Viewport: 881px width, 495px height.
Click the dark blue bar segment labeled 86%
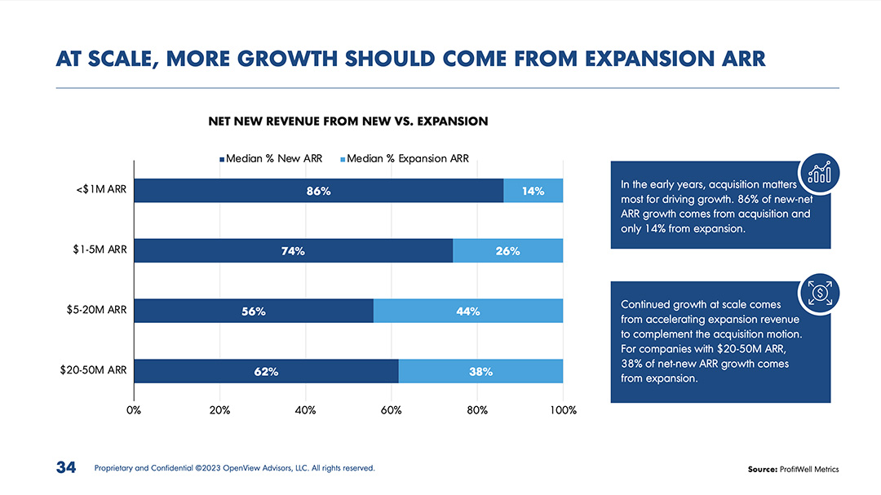point(318,191)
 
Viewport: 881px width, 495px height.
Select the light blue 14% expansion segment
point(533,191)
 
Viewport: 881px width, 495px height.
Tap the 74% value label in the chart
point(293,251)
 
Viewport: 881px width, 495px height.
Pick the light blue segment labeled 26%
point(507,251)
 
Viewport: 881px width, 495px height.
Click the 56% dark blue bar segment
point(254,311)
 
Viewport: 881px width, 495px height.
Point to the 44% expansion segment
point(467,311)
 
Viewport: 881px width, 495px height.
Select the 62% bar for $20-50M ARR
point(266,371)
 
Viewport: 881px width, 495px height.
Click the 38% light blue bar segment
point(480,371)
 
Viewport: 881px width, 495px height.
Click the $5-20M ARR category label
point(96,311)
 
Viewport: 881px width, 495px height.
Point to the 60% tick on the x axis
point(392,410)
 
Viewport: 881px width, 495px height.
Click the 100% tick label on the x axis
point(563,410)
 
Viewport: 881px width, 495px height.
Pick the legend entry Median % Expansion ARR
point(404,158)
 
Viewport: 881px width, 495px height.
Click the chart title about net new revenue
point(348,122)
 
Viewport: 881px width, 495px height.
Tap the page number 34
point(65,468)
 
